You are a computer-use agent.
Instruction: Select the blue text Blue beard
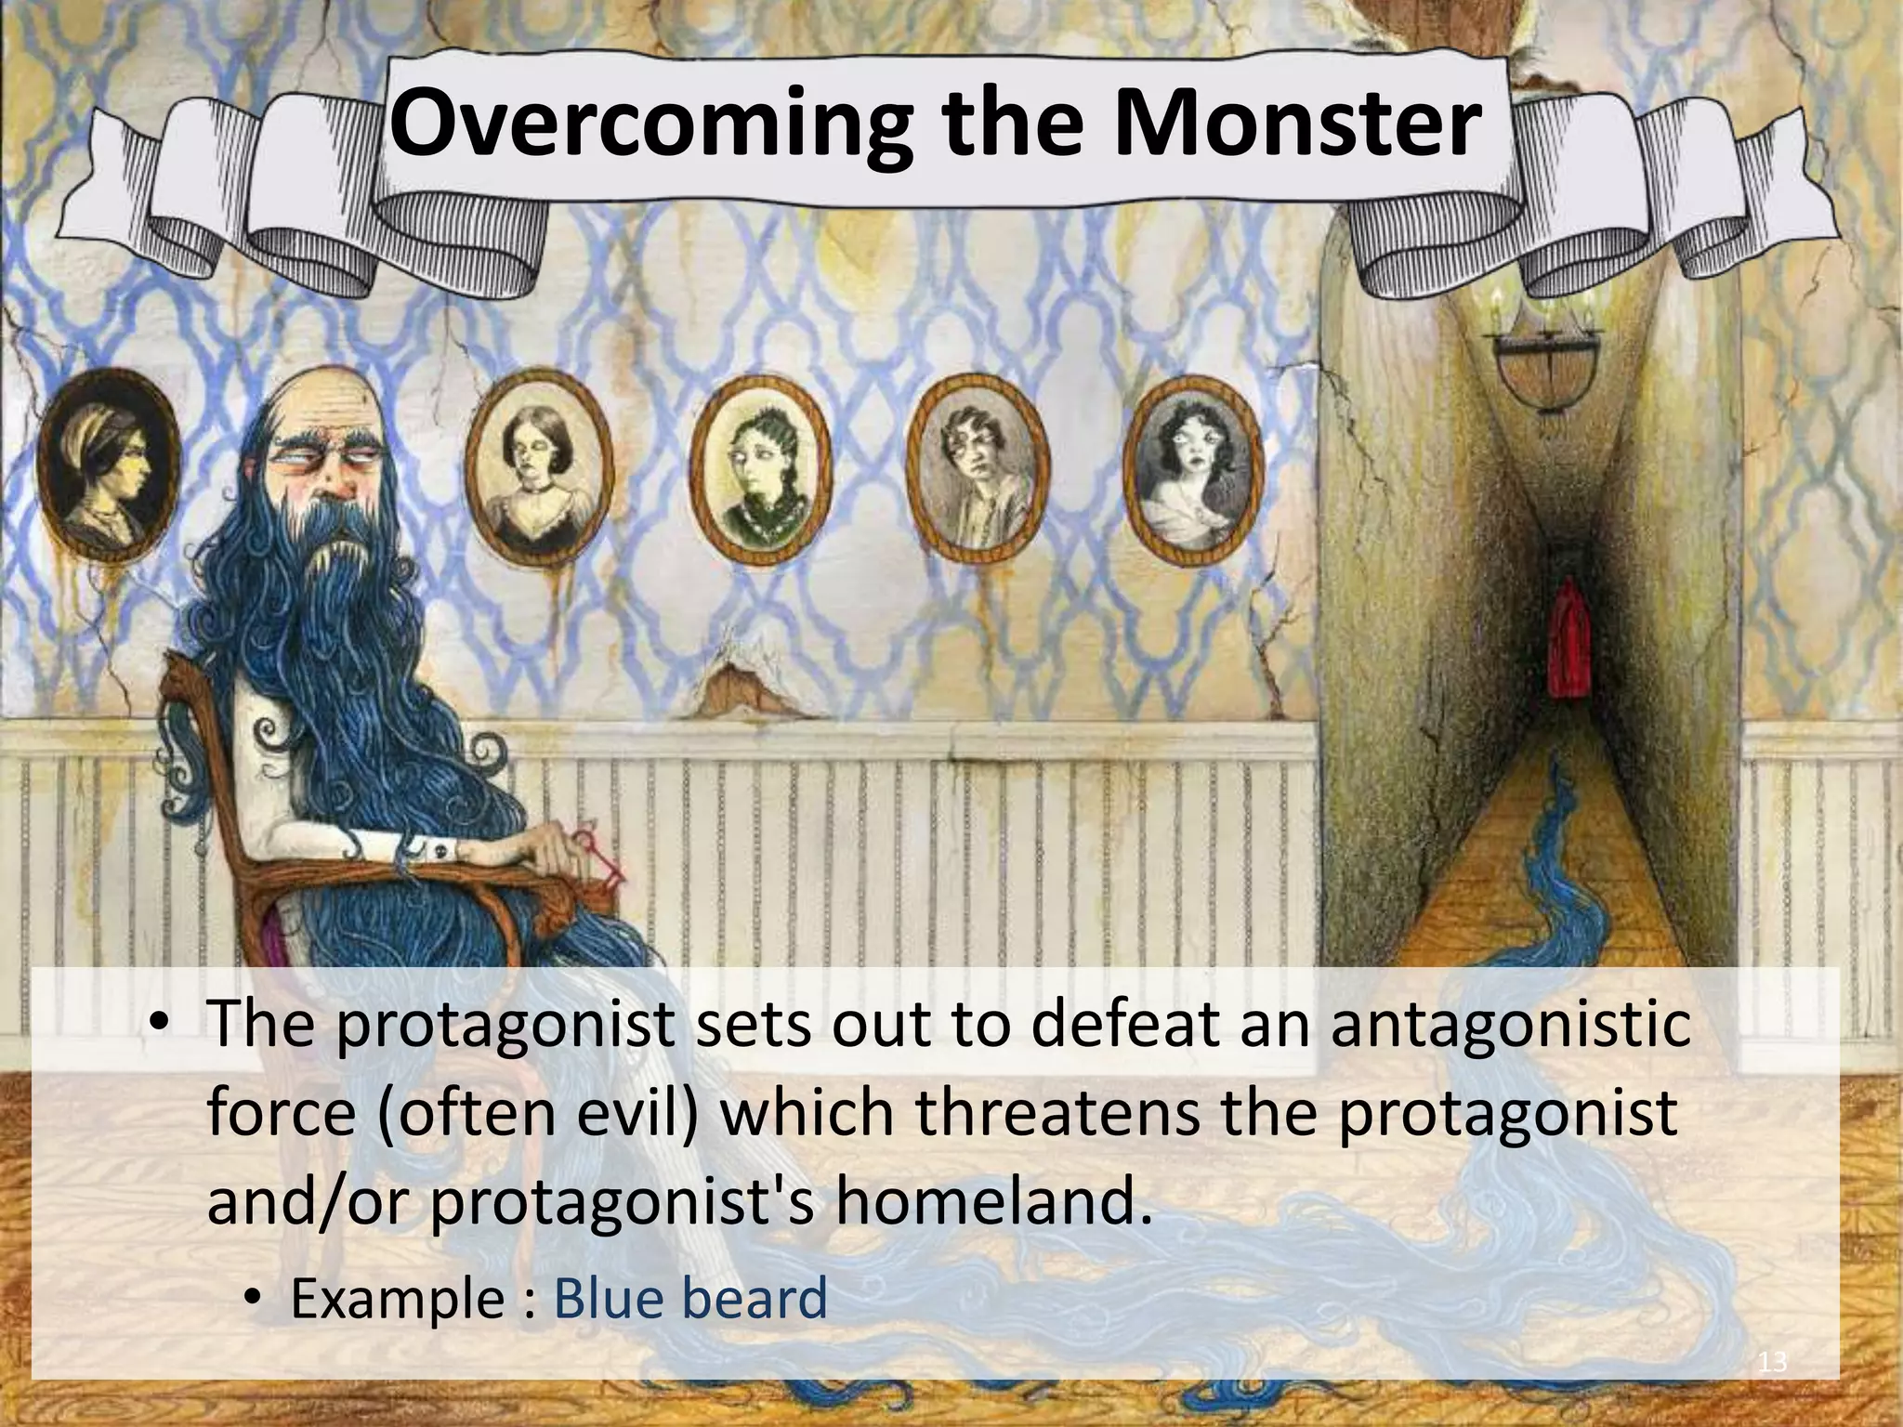(689, 1298)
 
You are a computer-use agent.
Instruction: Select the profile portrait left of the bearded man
(110, 474)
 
